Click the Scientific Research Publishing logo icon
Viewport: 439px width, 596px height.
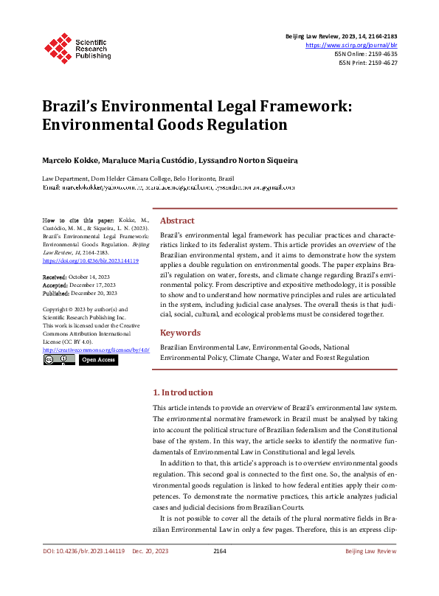coord(56,46)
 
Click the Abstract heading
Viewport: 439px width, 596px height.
coord(177,221)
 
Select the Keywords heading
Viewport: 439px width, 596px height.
coord(180,333)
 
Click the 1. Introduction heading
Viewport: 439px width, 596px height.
coord(182,392)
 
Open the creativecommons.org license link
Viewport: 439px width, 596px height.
coord(96,350)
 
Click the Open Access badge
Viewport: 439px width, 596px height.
coord(98,360)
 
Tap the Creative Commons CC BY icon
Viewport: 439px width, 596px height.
coord(59,360)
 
